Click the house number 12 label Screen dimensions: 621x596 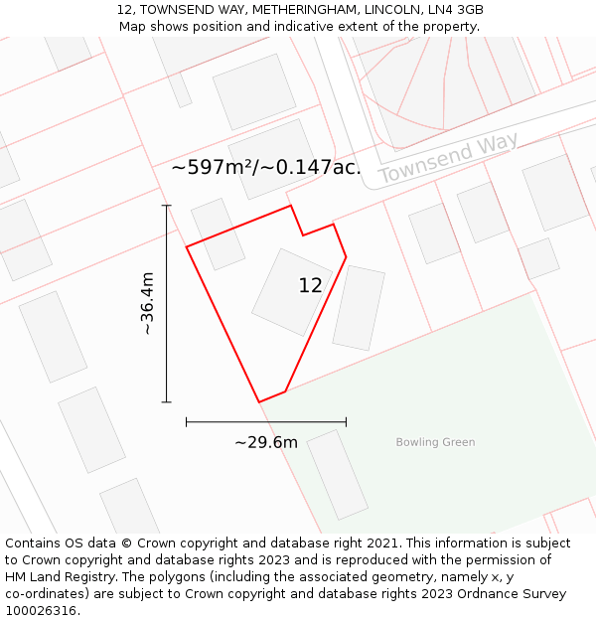(x=310, y=285)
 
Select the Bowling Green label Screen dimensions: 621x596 (x=435, y=442)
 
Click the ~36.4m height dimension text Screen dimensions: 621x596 (x=147, y=303)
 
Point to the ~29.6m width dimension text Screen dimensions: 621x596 (x=266, y=442)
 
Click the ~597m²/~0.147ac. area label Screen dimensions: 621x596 (x=266, y=167)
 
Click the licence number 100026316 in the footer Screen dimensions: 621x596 (x=42, y=611)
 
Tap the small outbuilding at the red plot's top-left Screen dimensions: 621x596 (x=218, y=233)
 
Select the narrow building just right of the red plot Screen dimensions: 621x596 (x=359, y=307)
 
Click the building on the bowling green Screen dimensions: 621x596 (x=338, y=474)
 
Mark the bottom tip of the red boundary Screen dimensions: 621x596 (x=259, y=402)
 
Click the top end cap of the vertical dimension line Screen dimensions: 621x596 (x=166, y=206)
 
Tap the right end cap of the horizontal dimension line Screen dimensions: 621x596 (x=346, y=421)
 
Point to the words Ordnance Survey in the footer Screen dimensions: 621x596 (x=517, y=594)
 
